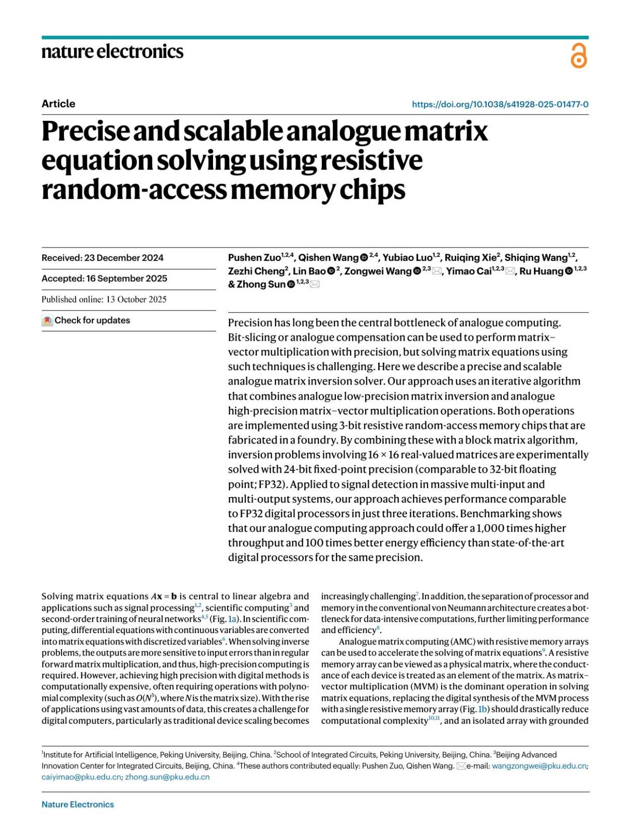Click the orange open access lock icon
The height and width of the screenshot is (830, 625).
[x=579, y=56]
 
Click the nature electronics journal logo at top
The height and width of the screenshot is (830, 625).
[x=112, y=51]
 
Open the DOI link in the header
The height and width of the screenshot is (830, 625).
[x=500, y=104]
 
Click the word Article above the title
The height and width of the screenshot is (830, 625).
[x=58, y=104]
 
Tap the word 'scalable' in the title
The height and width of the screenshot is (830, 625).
[x=232, y=131]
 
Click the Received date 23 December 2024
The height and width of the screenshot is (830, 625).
[x=102, y=258]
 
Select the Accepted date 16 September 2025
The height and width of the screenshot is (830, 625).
[x=104, y=279]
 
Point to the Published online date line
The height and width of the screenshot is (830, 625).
[x=104, y=300]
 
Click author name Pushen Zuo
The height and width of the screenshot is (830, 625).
[x=254, y=258]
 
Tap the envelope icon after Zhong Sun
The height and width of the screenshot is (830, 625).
[x=315, y=284]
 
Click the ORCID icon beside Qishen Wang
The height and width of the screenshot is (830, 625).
[x=364, y=258]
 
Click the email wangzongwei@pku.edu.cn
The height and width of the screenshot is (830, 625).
[x=539, y=766]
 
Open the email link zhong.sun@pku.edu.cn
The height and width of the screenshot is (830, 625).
[x=167, y=777]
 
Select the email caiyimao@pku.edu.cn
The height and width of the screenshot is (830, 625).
[x=81, y=777]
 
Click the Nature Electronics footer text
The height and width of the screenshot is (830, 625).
[x=78, y=804]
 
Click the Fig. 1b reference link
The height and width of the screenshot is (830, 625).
[x=482, y=709]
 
